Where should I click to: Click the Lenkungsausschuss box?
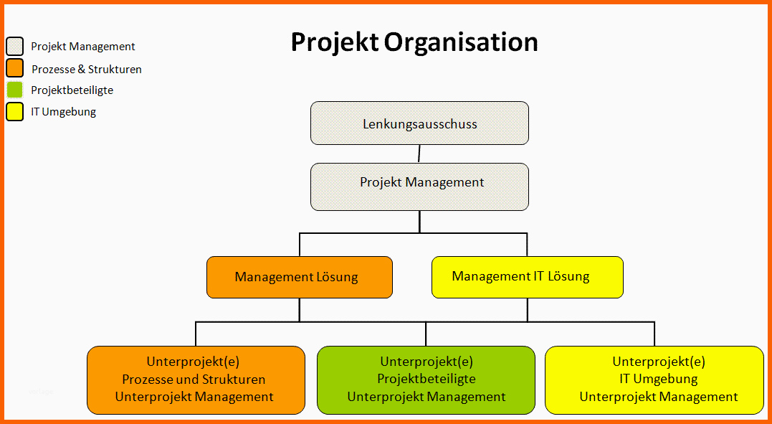point(419,123)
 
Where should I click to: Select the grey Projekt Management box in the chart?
point(419,187)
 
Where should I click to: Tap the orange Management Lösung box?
point(300,277)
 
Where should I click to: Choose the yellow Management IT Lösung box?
point(527,277)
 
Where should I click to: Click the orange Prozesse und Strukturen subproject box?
point(196,380)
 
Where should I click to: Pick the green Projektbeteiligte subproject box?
point(426,380)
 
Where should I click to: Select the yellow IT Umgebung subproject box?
point(654,380)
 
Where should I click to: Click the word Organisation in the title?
point(461,42)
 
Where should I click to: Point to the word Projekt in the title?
point(334,42)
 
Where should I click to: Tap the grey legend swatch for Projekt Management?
point(15,47)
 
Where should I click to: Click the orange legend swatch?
point(15,69)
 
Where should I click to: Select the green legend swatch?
point(15,90)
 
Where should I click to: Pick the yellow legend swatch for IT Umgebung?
point(15,112)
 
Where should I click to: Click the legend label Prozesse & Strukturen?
point(87,70)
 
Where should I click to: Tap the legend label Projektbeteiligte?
point(72,90)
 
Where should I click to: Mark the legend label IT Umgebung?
point(64,112)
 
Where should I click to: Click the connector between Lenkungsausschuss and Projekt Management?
point(419,154)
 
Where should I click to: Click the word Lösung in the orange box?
point(336,277)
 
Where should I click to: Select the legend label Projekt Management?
point(83,47)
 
